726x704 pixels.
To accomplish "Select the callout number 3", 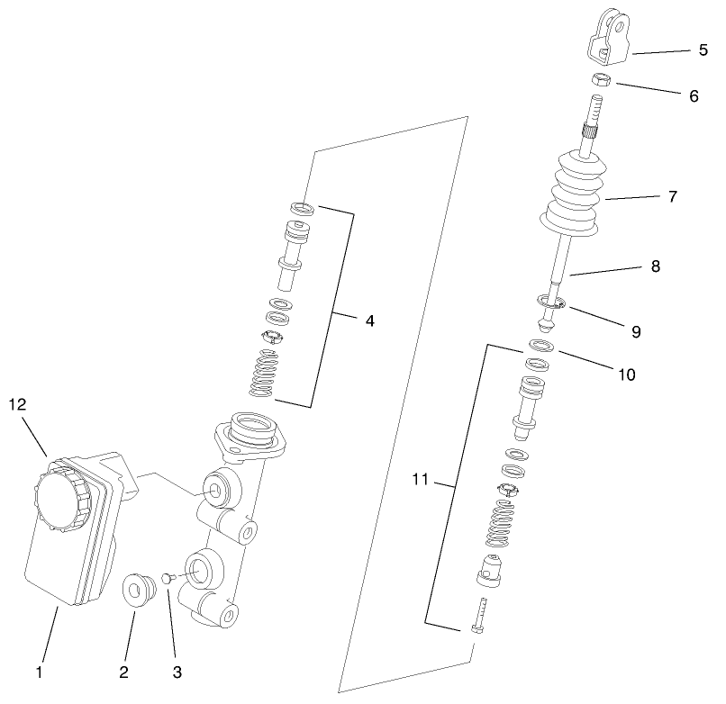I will [x=177, y=671].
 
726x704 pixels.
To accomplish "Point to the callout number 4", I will [x=370, y=320].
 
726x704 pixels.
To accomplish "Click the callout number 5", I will [x=703, y=50].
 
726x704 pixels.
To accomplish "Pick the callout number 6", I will [x=694, y=95].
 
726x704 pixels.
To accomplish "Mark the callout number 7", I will [x=672, y=195].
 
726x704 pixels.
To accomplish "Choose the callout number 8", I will [x=655, y=266].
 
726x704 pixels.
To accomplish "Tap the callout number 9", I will [x=636, y=331].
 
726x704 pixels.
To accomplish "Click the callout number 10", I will [x=625, y=374].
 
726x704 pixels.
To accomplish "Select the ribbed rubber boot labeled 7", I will [x=576, y=194].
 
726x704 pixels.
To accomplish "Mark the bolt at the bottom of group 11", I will [x=479, y=616].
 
